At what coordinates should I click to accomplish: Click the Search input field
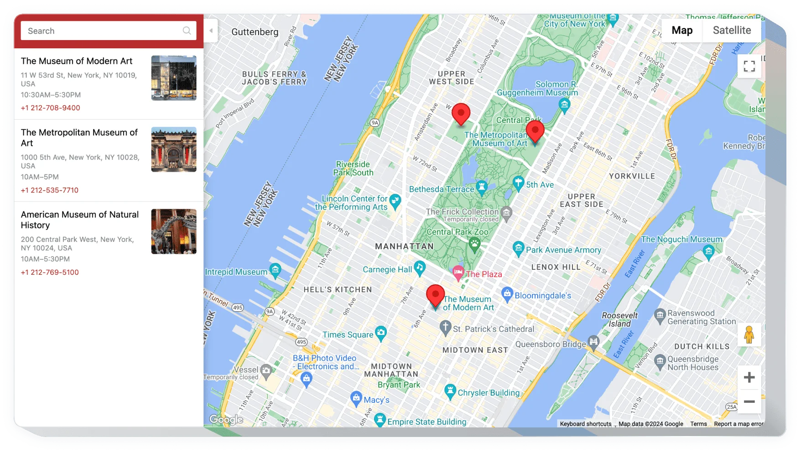click(103, 31)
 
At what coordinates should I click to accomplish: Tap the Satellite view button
click(732, 31)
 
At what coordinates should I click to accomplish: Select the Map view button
click(682, 31)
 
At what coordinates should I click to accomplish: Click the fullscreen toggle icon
click(749, 66)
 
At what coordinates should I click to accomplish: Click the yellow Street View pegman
click(749, 335)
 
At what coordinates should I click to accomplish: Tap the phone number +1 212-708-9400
click(50, 108)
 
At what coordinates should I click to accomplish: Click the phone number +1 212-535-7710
click(49, 190)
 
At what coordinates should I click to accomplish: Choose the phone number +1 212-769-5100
click(49, 272)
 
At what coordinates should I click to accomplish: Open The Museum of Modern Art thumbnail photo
click(174, 78)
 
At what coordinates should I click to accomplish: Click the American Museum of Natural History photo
click(174, 231)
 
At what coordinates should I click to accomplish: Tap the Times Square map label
click(348, 334)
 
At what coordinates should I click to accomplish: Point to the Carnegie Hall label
click(387, 269)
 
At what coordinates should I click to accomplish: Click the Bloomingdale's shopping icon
click(507, 294)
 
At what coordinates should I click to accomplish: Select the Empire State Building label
click(427, 422)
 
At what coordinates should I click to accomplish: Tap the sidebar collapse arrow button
click(211, 31)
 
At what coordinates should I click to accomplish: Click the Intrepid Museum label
click(236, 272)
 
